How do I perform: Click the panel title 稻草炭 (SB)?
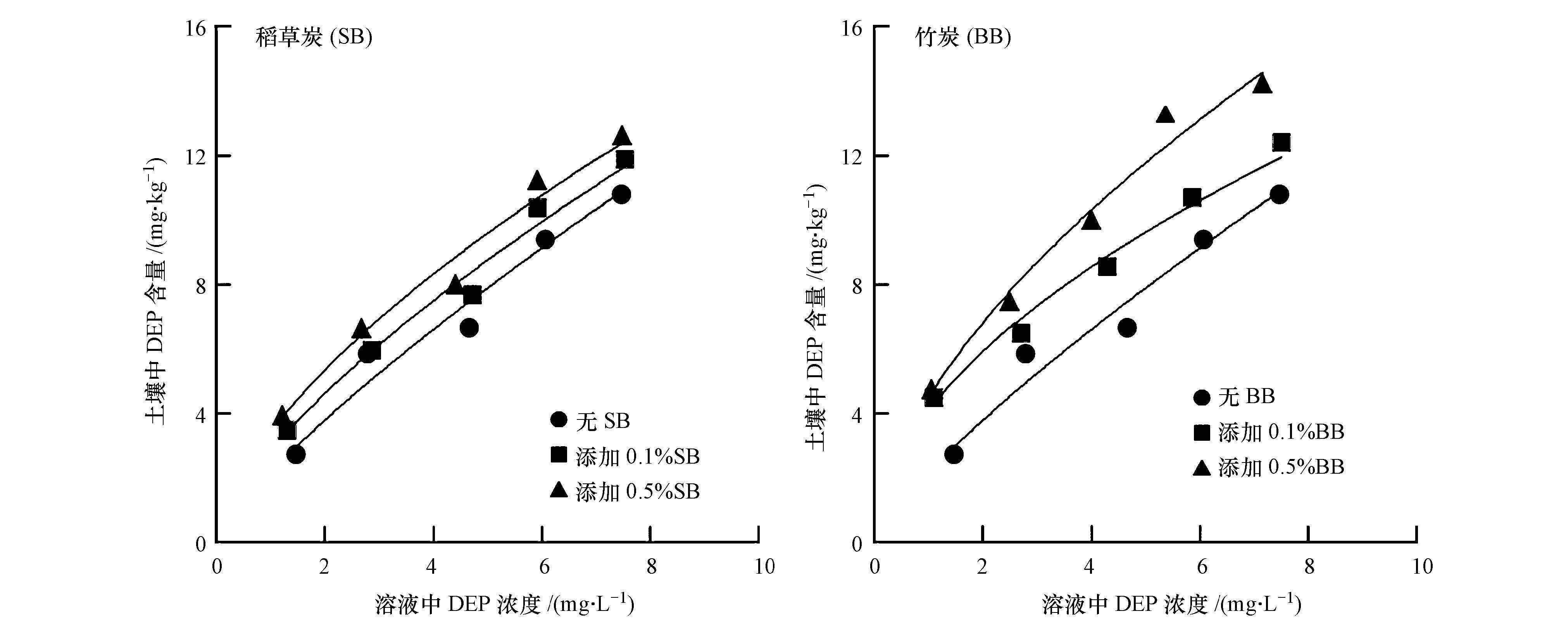pyautogui.click(x=314, y=37)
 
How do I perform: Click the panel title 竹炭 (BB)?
pyautogui.click(x=963, y=37)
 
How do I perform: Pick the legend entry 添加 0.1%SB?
pyautogui.click(x=625, y=456)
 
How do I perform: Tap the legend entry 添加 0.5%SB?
pyautogui.click(x=625, y=491)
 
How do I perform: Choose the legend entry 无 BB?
pyautogui.click(x=1234, y=396)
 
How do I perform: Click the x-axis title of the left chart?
pyautogui.click(x=504, y=604)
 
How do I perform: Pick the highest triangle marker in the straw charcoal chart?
pyautogui.click(x=622, y=136)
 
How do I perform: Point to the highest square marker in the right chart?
pyautogui.click(x=1281, y=142)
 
